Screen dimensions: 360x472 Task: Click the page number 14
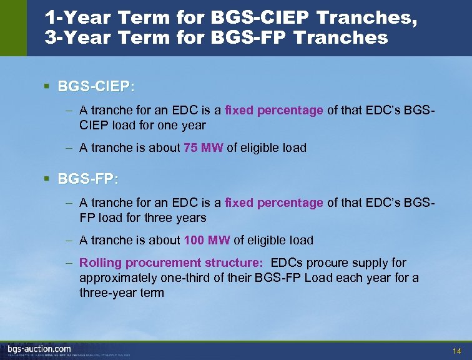457,349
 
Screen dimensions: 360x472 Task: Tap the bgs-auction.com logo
39,349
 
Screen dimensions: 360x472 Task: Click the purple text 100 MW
207,240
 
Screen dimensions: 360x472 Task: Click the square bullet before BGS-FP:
47,179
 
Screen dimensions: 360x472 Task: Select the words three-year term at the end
122,293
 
